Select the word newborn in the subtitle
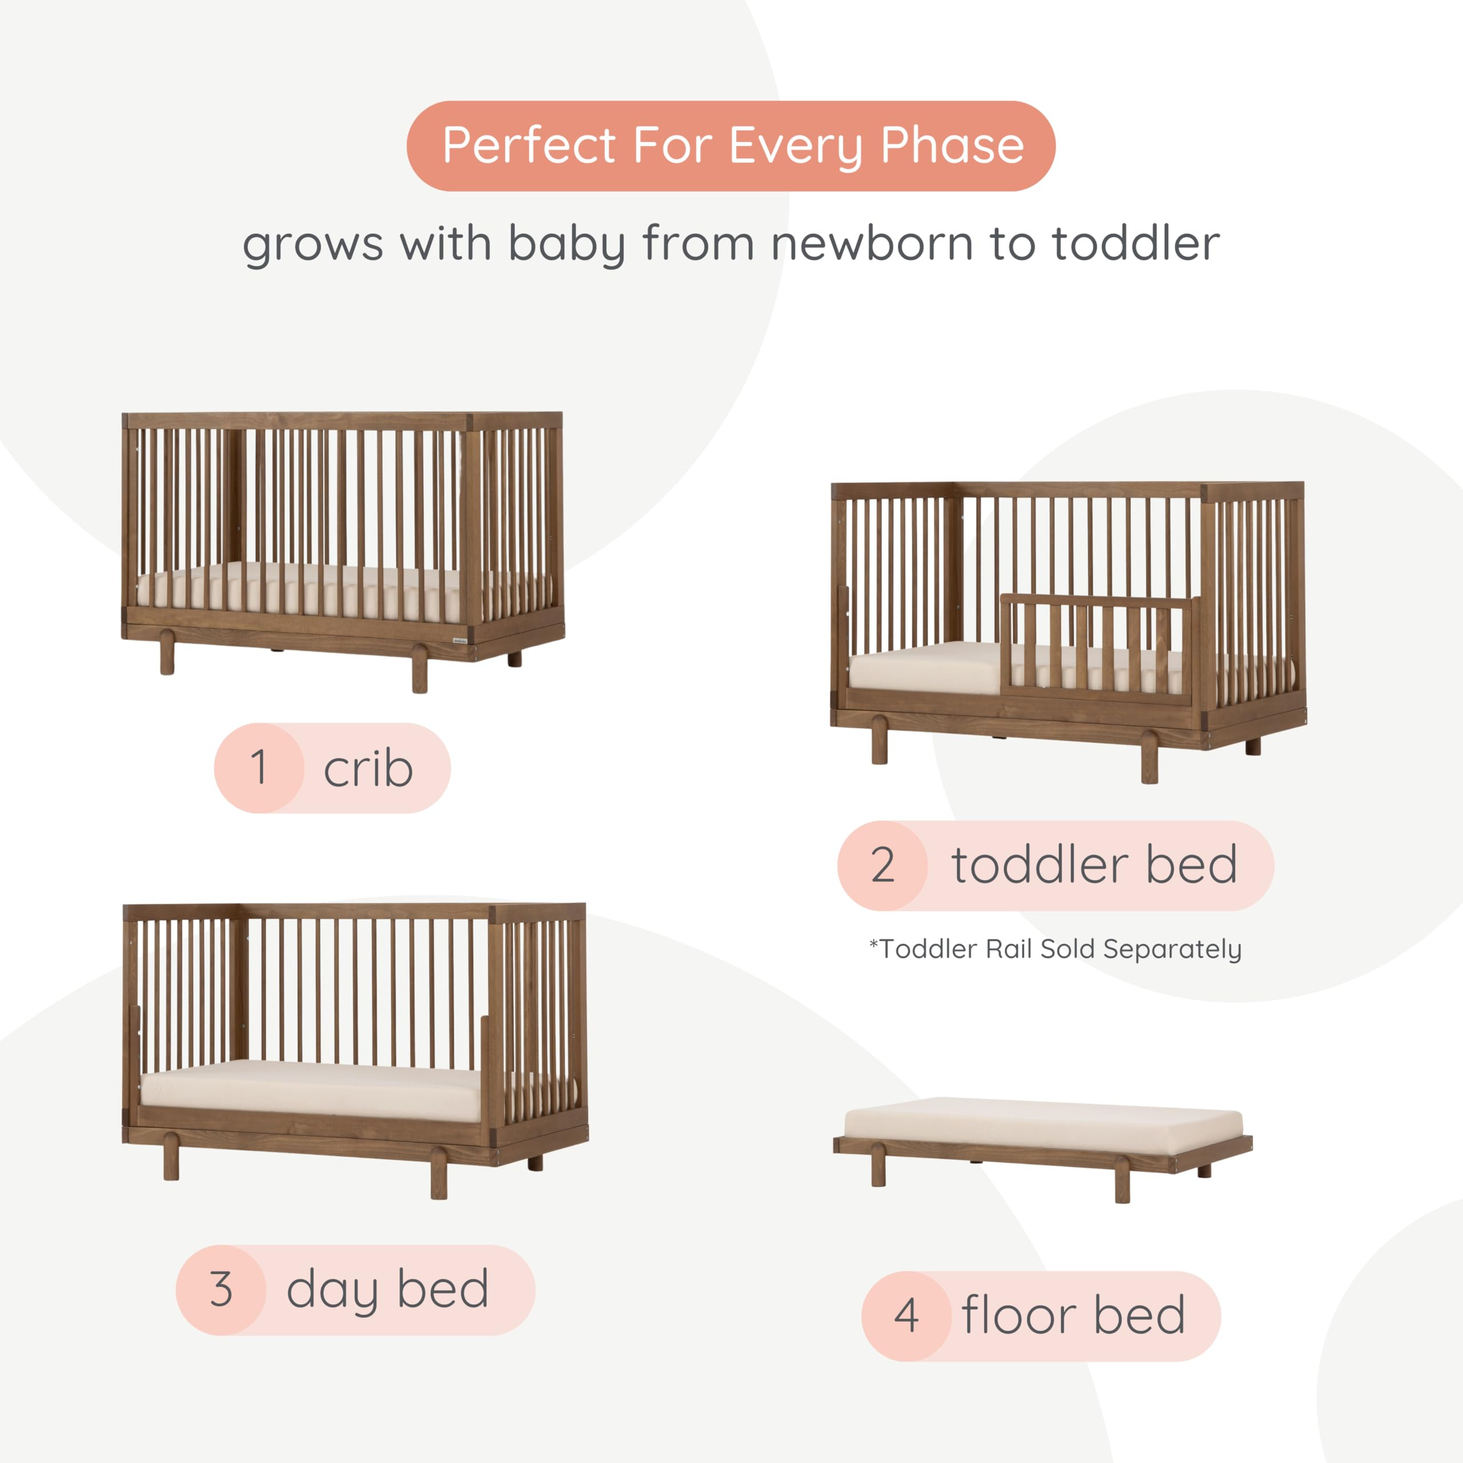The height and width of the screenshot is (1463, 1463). (x=872, y=245)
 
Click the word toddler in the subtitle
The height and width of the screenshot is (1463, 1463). (x=1136, y=245)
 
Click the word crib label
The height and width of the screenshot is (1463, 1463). (x=368, y=769)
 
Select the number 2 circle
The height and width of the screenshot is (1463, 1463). (x=883, y=865)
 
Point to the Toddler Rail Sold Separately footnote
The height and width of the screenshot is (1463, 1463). (x=1055, y=949)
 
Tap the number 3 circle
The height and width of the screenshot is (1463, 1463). (x=221, y=1289)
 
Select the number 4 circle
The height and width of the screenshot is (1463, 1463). (x=906, y=1316)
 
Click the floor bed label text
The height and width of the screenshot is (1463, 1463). (x=1073, y=1316)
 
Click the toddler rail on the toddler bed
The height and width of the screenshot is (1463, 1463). (x=1098, y=643)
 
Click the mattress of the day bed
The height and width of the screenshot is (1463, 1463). (x=310, y=1089)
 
